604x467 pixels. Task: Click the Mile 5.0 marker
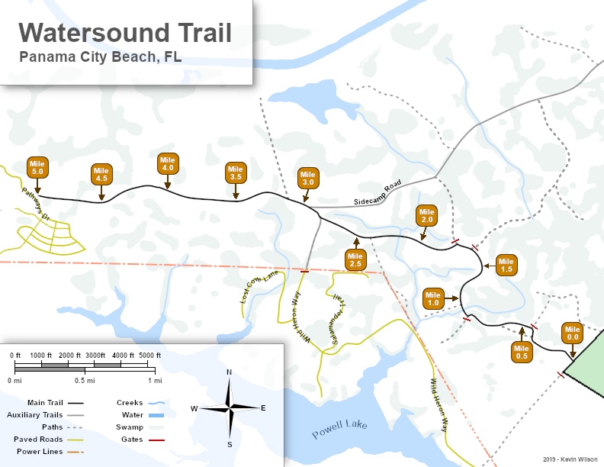(x=37, y=168)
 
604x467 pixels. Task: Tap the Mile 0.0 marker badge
(x=573, y=333)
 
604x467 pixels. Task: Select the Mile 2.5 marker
(x=355, y=259)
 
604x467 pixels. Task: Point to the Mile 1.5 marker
(x=506, y=265)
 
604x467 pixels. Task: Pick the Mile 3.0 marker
(x=308, y=178)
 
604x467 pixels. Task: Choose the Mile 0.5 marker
(x=522, y=352)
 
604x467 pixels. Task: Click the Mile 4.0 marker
(x=168, y=163)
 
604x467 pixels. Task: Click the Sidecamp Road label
(x=377, y=195)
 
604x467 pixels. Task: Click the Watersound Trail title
(x=125, y=33)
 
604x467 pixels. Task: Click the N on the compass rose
(x=229, y=372)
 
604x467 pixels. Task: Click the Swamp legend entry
(x=130, y=427)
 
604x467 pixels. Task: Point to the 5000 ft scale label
(x=149, y=356)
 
